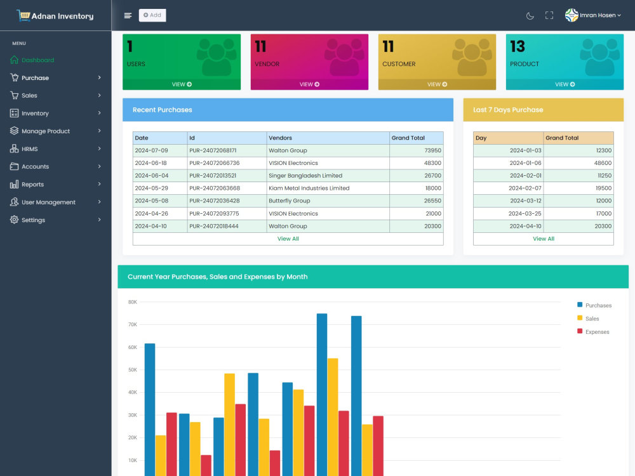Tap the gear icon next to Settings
[14, 220]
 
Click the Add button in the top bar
[152, 15]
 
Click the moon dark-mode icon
[530, 16]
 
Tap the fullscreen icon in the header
[549, 15]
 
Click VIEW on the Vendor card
[309, 84]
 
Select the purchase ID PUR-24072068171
[213, 150]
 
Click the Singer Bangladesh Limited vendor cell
[305, 176]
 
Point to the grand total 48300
[432, 163]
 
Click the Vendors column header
[280, 138]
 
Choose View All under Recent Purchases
[288, 239]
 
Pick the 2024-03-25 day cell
[525, 214]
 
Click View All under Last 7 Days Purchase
[544, 239]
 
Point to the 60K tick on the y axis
[133, 347]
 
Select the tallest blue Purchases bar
[322, 395]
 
